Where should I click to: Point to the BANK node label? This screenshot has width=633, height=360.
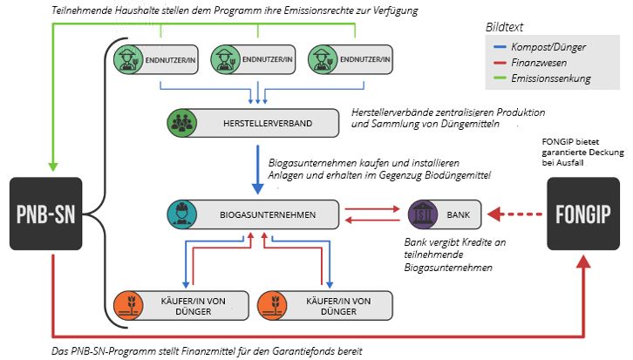pos(457,213)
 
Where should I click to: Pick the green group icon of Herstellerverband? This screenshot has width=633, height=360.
pos(182,123)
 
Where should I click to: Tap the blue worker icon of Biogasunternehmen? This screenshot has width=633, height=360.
pos(182,213)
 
